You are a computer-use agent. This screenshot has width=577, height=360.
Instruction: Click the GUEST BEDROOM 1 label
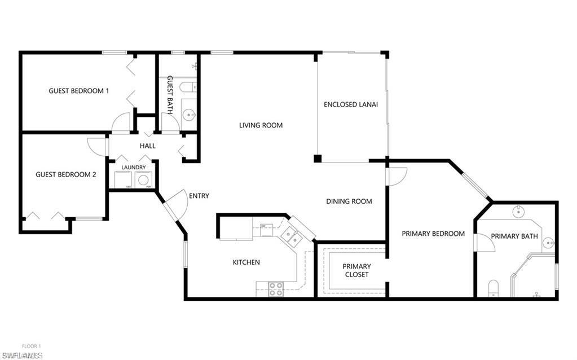79,91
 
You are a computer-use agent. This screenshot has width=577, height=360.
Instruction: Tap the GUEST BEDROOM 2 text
65,174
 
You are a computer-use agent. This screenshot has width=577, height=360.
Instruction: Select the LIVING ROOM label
261,125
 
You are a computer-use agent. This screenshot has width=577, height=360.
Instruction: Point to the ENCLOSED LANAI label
351,104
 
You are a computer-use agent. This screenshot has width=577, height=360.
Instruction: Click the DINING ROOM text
349,201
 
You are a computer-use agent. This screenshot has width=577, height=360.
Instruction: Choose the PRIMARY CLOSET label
357,270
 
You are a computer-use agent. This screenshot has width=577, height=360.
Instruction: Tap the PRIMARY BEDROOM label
433,234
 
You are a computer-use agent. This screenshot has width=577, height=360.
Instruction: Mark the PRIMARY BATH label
514,236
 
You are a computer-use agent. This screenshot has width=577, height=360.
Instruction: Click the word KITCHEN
246,262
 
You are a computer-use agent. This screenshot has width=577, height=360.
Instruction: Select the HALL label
148,146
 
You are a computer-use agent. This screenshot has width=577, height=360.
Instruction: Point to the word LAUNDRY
134,167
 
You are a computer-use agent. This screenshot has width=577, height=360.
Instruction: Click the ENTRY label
199,196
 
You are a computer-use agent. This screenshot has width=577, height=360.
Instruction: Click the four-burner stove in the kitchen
276,288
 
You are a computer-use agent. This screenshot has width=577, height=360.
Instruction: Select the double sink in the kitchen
291,236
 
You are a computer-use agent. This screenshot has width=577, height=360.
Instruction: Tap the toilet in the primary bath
493,288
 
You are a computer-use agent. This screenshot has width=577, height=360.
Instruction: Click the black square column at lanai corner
318,159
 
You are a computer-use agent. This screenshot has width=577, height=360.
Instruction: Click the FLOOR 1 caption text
32,346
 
